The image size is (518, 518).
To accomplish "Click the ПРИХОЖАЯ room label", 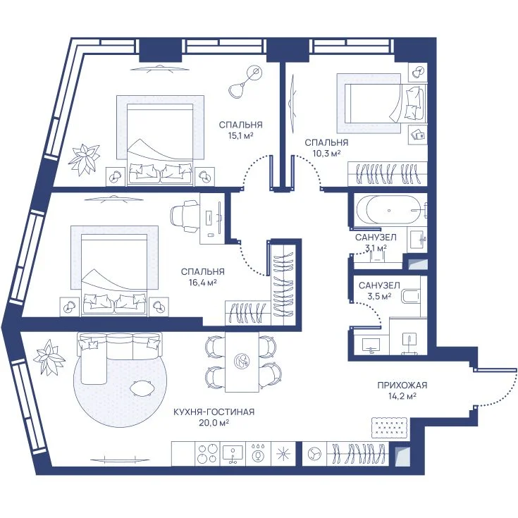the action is pos(402,386).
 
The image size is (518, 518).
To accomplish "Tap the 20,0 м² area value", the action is pos(214,423).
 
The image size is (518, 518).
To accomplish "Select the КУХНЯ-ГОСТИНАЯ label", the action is pos(214,412).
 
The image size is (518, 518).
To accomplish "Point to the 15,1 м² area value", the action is pos(240,135).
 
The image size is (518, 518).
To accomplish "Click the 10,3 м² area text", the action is pos(326,154).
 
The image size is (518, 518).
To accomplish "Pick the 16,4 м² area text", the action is pos(202,283).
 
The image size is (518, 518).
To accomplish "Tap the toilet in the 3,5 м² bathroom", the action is pos(410,296).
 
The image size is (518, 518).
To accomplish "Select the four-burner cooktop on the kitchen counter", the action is pos(207,454).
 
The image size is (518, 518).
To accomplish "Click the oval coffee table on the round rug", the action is pos(142,388).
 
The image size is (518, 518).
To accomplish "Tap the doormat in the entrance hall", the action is pos(389,427).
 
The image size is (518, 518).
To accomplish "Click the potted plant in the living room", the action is pos(49,357).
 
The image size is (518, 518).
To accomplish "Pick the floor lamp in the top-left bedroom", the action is pos(245,82).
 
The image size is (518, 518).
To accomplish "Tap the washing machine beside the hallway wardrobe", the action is pos(314,454).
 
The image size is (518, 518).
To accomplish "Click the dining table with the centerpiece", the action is pos(242,362).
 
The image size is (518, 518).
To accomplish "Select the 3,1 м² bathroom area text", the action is pos(376,247).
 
